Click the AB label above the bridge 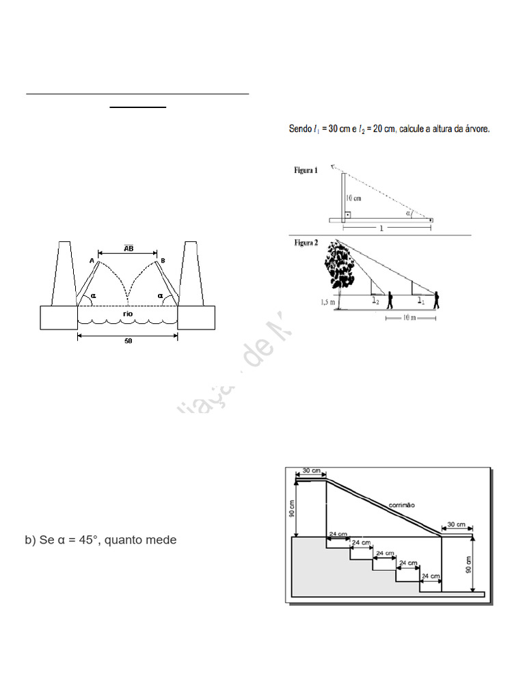[128, 249]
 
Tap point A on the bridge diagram [92, 260]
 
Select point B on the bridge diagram [163, 260]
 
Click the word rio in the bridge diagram [128, 314]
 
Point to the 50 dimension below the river [128, 341]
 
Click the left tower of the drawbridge [65, 273]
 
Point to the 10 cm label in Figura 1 [353, 198]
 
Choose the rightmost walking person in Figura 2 [435, 301]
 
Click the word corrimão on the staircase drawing [402, 504]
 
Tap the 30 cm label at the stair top [311, 470]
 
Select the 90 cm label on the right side [470, 565]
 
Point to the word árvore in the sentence [476, 129]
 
